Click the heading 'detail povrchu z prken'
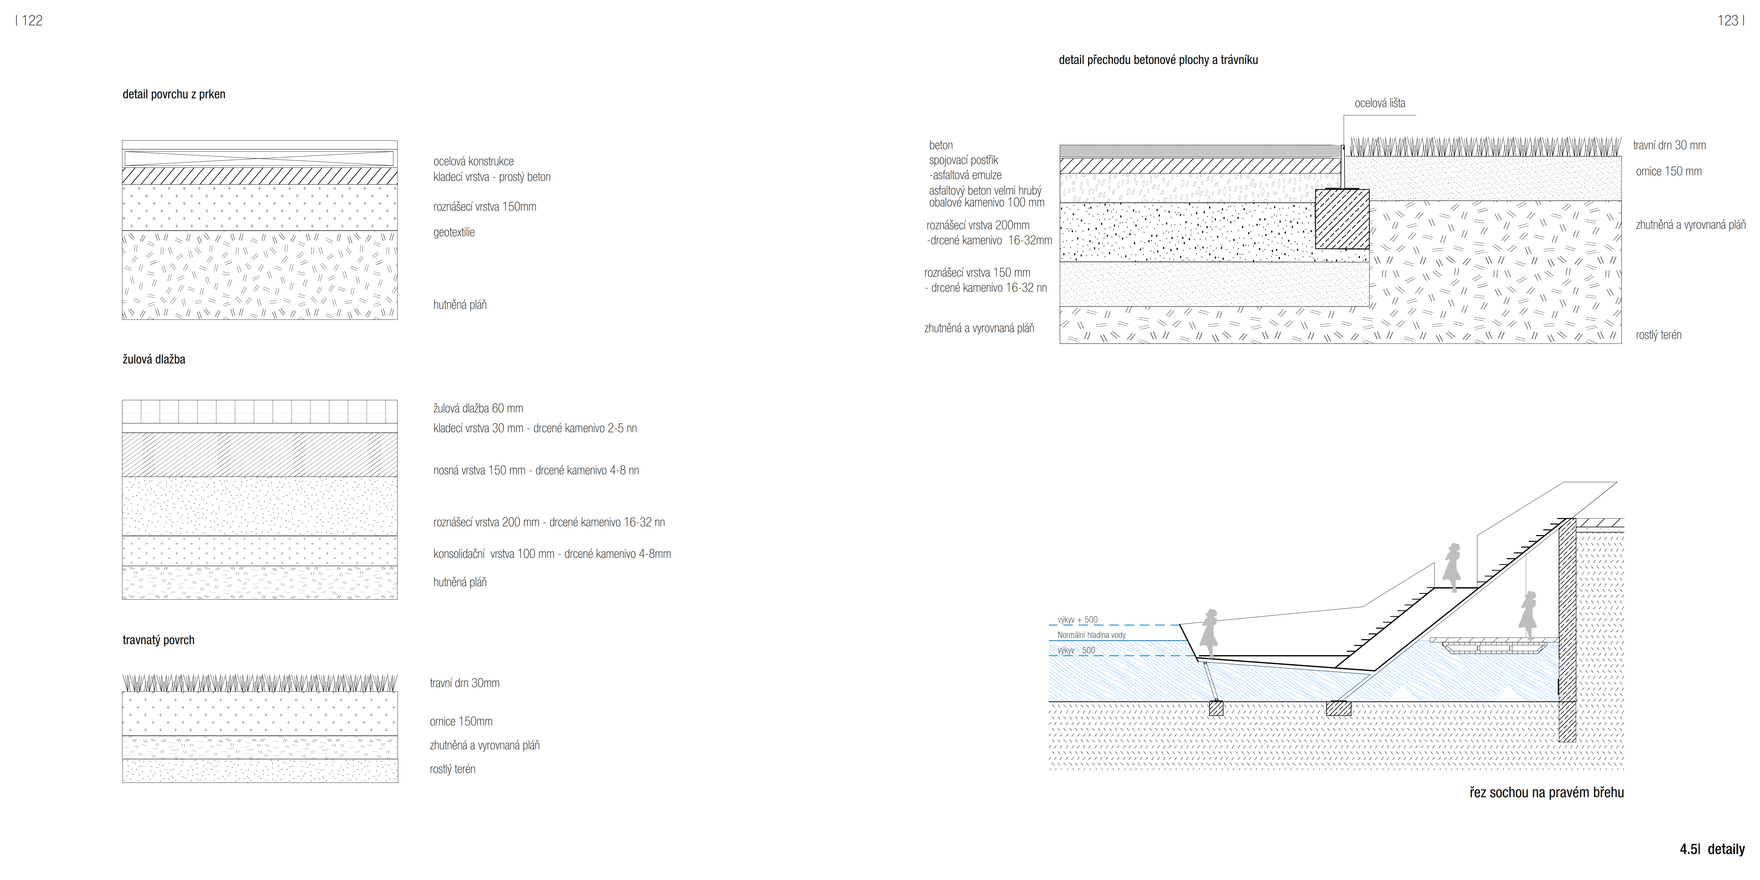pyautogui.click(x=174, y=94)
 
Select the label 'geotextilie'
pyautogui.click(x=454, y=232)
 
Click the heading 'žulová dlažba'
pyautogui.click(x=154, y=359)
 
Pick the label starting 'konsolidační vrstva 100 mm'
pyautogui.click(x=551, y=554)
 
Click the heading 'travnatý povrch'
pyautogui.click(x=159, y=640)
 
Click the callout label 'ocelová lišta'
pyautogui.click(x=1379, y=103)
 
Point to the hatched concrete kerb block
pyautogui.click(x=1342, y=219)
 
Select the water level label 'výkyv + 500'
pyautogui.click(x=1077, y=620)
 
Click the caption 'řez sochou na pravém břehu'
pyautogui.click(x=1546, y=792)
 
